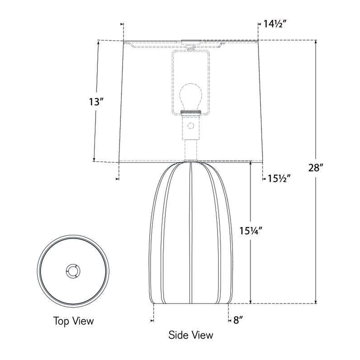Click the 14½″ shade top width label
pyautogui.click(x=274, y=24)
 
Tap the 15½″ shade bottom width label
pyautogui.click(x=279, y=178)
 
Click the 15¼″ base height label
pyautogui.click(x=250, y=230)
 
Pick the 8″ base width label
pyautogui.click(x=238, y=320)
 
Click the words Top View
pyautogui.click(x=73, y=320)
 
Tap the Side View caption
pyautogui.click(x=190, y=335)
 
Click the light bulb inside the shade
pyautogui.click(x=190, y=96)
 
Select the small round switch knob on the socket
pyautogui.click(x=190, y=126)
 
